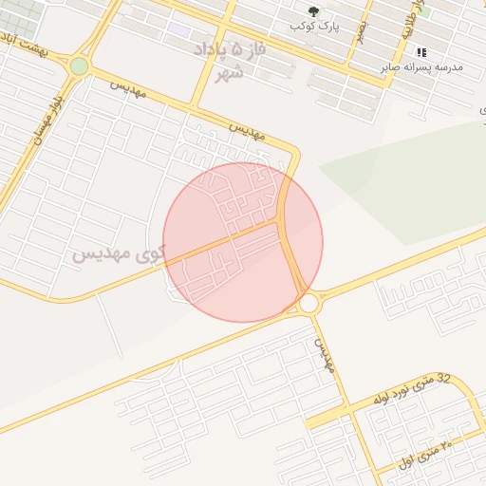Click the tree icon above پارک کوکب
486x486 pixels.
[x=313, y=12]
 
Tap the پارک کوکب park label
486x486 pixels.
[x=316, y=28]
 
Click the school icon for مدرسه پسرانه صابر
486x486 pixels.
[x=421, y=52]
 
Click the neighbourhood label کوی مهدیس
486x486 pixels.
[x=118, y=254]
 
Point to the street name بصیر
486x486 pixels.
[x=361, y=32]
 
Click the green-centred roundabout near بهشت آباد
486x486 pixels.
[x=79, y=65]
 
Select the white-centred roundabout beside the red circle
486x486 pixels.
[x=308, y=304]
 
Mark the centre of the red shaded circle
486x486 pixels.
[x=243, y=242]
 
